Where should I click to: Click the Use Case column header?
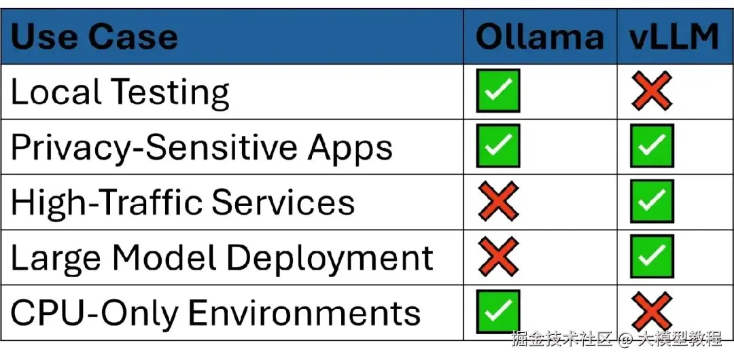coord(94,37)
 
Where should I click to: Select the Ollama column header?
coord(540,37)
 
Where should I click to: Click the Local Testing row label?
coord(120,92)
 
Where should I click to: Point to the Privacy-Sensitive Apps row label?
coord(201,147)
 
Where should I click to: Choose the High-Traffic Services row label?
coord(183,202)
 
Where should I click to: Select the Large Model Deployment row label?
coord(222,258)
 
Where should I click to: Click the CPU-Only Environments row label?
coord(215,312)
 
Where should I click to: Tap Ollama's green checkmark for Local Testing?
coord(498,91)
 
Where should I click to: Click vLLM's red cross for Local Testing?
coord(652,91)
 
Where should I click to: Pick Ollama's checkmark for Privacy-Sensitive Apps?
coord(498,145)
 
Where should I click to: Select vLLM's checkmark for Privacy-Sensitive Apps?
coord(652,145)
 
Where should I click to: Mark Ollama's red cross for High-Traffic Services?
coord(498,201)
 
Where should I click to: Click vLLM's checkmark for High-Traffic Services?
coord(652,201)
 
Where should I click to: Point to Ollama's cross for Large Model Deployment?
coord(498,256)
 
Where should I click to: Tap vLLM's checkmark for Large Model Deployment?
coord(652,256)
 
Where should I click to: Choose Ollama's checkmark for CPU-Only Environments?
coord(498,311)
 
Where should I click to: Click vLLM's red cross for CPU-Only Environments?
coord(652,311)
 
